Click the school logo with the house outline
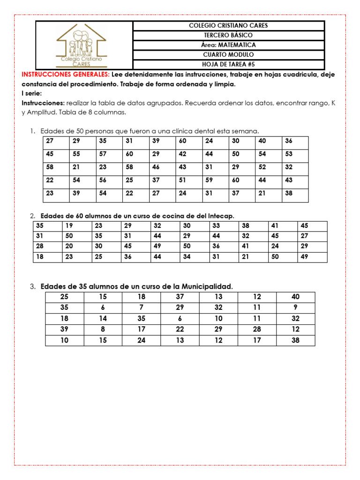(x=81, y=45)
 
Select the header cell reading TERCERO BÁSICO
(x=228, y=35)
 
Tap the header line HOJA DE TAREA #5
(x=228, y=65)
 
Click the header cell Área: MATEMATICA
(x=228, y=45)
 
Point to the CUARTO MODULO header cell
(x=228, y=55)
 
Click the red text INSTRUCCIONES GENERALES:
(x=66, y=75)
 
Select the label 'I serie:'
(x=32, y=93)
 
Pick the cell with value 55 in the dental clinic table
(x=76, y=154)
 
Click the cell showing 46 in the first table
(x=156, y=167)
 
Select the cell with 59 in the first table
(x=209, y=180)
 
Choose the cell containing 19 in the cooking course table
(x=69, y=225)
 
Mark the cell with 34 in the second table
(x=187, y=256)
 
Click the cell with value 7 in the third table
(x=141, y=307)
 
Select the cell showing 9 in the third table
(x=295, y=307)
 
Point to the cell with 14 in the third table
(x=103, y=318)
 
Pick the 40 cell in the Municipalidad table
(x=295, y=297)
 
